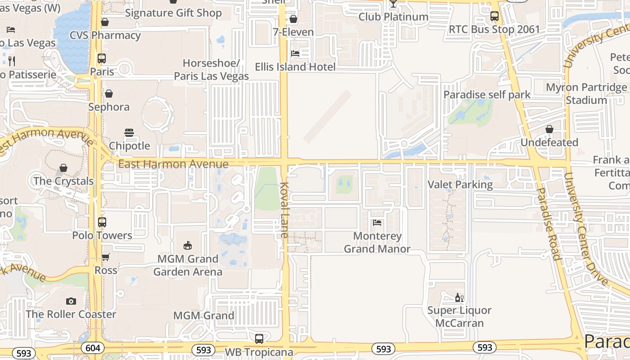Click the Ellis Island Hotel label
pos(295,67)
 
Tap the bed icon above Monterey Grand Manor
pos(377,223)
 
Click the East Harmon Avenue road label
pos(173,164)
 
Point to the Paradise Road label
pos(548,224)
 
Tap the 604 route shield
pos(93,348)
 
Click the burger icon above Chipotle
pos(129,133)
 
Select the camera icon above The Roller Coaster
pos(71,301)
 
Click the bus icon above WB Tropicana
pos(259,339)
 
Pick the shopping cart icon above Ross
pos(105,257)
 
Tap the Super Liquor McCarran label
pos(459,317)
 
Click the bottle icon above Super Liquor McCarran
pos(459,297)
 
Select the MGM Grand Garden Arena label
pos(188,265)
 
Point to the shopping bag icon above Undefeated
pos(549,129)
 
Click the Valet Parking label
pos(460,184)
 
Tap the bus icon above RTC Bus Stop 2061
pos(495,16)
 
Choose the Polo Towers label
pos(102,235)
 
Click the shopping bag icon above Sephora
pos(108,94)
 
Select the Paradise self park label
pos(487,94)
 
